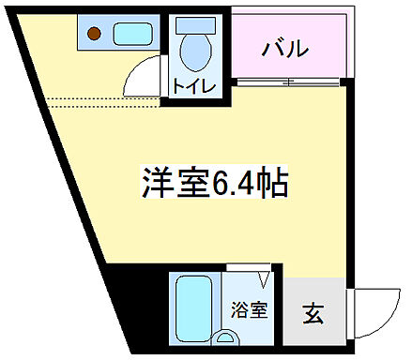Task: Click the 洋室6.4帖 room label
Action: click(214, 181)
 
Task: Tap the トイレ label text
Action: click(194, 87)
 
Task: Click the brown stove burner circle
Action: click(93, 36)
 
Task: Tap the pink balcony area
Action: click(291, 47)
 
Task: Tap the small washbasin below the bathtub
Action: click(225, 336)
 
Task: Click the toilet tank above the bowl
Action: click(194, 28)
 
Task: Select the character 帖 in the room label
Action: click(271, 181)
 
